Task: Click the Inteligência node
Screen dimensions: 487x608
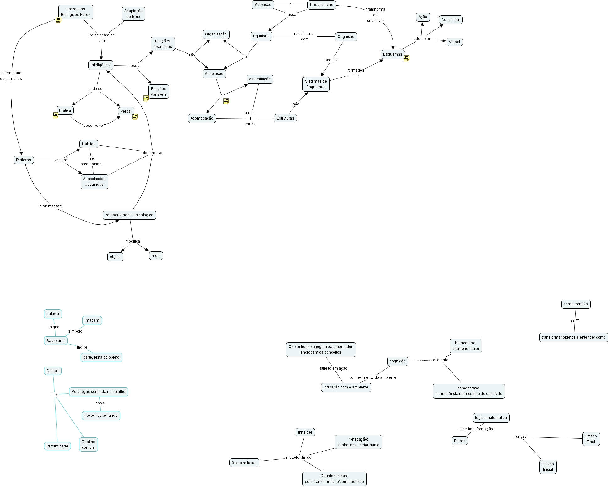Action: coord(100,65)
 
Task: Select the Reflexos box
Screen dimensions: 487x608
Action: coord(24,160)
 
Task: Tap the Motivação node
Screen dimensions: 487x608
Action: coord(263,5)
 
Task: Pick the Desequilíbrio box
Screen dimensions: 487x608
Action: coord(321,5)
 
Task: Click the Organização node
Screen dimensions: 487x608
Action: coord(216,34)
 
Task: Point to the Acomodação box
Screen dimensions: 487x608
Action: coord(202,118)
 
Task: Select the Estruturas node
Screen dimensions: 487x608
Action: coord(285,118)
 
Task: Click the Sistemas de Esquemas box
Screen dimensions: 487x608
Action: coord(316,84)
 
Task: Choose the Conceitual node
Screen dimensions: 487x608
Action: coord(450,20)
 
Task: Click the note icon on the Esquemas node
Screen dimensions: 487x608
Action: coord(406,58)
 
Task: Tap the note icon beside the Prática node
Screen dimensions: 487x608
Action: coord(56,115)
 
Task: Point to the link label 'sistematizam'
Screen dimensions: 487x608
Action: coord(51,206)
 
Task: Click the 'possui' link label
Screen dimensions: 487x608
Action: coord(134,66)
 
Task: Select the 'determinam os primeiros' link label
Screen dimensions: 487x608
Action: coord(11,76)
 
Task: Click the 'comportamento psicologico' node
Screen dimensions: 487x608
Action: coord(129,215)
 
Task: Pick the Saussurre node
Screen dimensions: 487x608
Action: coord(56,341)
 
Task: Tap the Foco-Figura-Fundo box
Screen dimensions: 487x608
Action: coord(101,415)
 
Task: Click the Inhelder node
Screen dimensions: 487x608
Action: coord(305,432)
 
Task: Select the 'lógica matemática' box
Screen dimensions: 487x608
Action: coord(491,418)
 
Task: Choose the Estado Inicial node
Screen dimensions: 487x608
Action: coord(548,467)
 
